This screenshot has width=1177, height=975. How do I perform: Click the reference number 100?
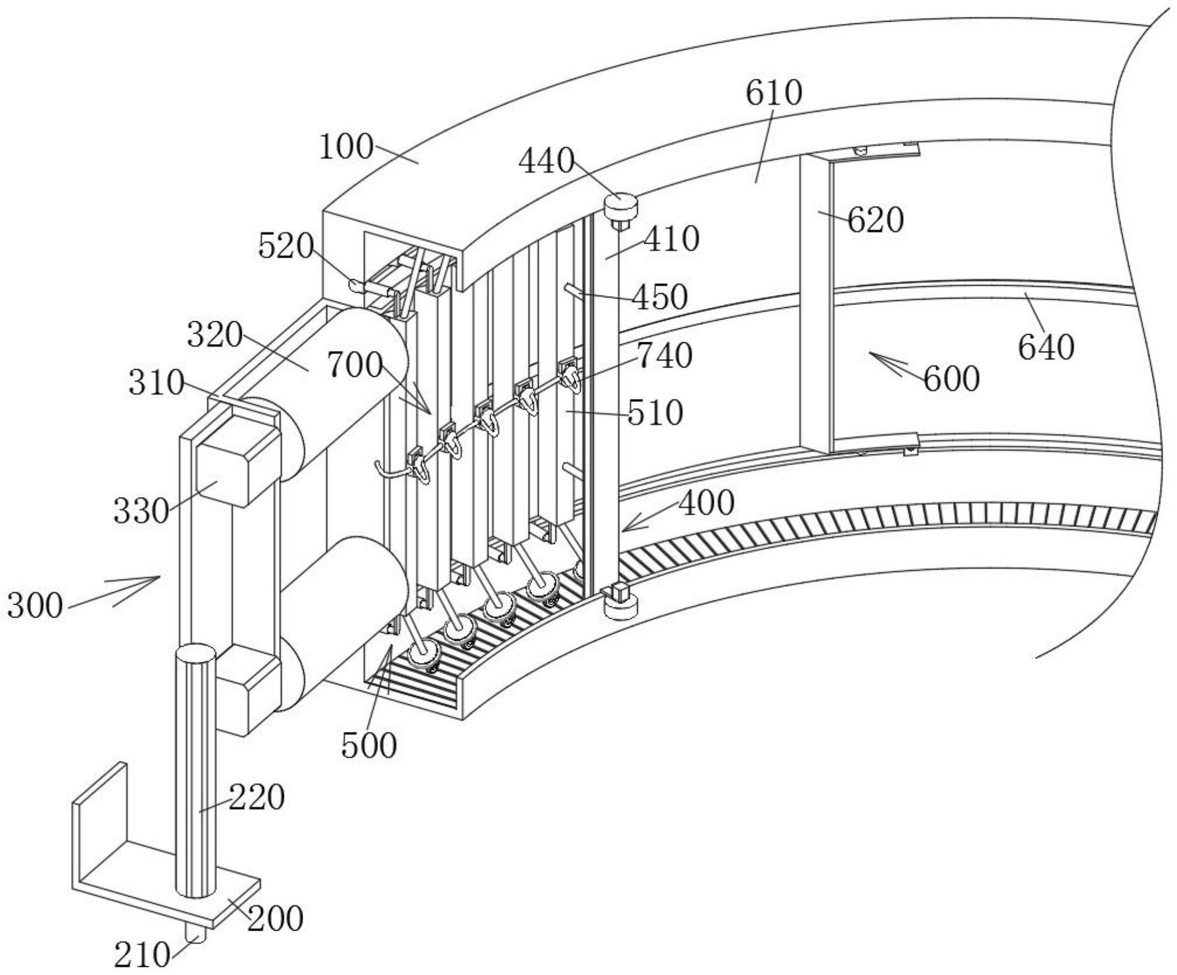(x=346, y=147)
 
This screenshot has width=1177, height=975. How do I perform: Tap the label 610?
(x=774, y=93)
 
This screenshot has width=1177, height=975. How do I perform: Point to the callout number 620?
(x=875, y=220)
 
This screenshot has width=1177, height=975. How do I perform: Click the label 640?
(x=1046, y=348)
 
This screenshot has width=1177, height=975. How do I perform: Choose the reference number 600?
(x=951, y=378)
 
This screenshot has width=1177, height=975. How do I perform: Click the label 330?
(x=141, y=511)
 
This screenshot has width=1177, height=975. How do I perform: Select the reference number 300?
(x=35, y=605)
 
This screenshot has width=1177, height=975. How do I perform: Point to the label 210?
(x=142, y=955)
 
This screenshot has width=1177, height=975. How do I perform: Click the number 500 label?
(x=369, y=745)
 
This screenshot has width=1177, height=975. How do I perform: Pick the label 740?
(x=665, y=356)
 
